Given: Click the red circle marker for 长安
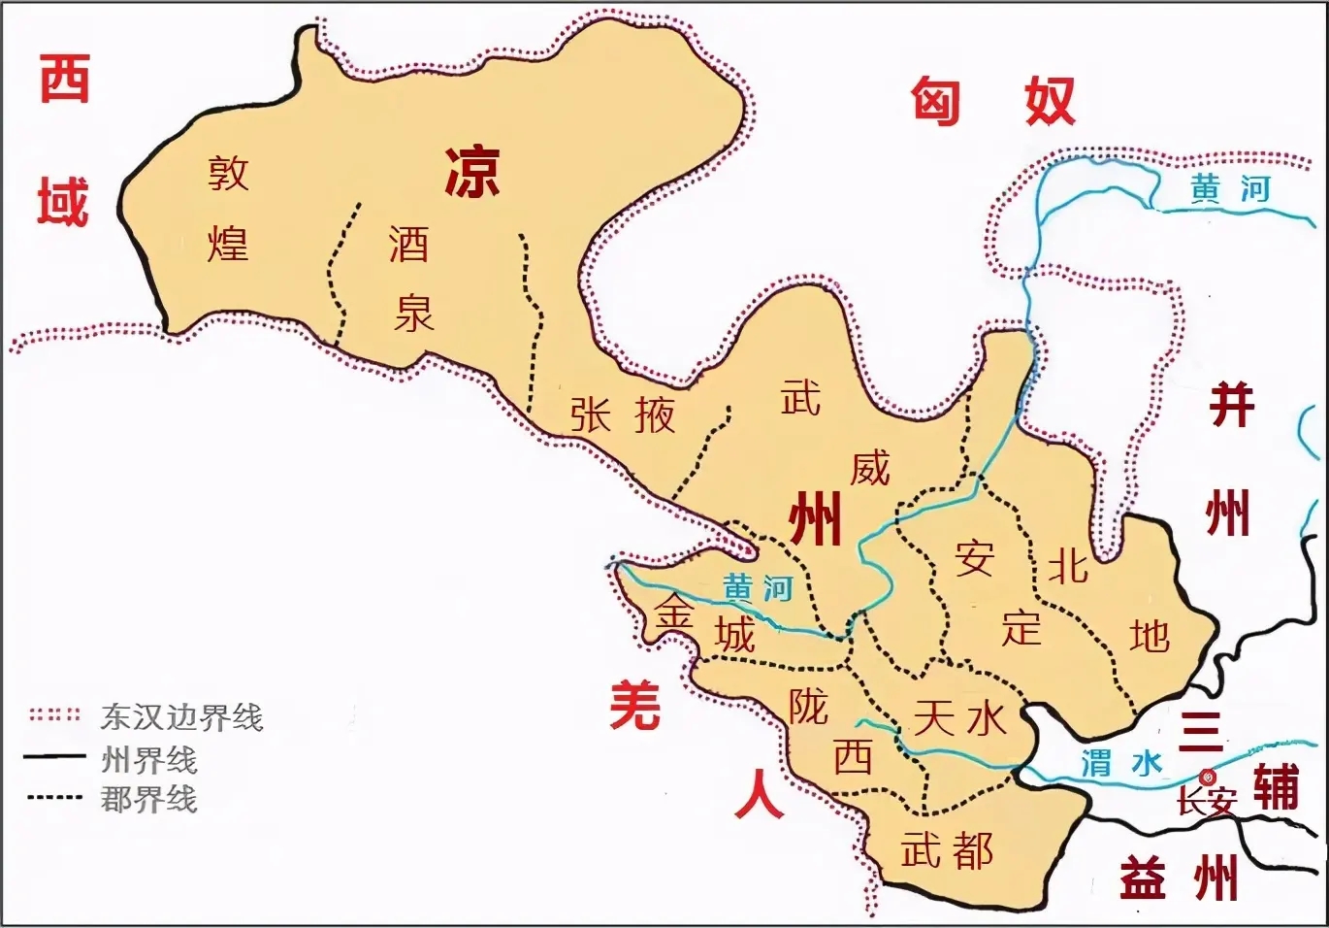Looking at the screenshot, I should click(x=1208, y=777).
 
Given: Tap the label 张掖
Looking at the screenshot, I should click(x=622, y=415).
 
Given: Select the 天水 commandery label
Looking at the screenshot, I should click(x=960, y=719).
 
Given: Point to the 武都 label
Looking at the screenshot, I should click(x=947, y=849).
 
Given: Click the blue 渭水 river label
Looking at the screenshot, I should click(x=1121, y=763).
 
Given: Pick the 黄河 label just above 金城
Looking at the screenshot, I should click(x=758, y=588).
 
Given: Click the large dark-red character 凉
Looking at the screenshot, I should click(x=472, y=173).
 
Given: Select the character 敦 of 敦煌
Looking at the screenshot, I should click(x=229, y=173).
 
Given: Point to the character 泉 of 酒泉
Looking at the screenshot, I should click(x=414, y=313).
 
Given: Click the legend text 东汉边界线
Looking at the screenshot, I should click(x=181, y=717).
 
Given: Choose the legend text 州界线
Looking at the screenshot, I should click(x=148, y=758).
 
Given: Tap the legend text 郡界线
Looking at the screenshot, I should click(x=148, y=799).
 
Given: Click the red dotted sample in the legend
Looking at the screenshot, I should click(x=54, y=716).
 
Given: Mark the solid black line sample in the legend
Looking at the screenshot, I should click(x=54, y=757).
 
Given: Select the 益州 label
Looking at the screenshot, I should click(x=1179, y=878).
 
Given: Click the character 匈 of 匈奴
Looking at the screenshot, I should click(x=935, y=101).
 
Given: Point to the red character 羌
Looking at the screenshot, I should click(x=635, y=706).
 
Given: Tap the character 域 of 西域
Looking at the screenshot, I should click(x=63, y=202).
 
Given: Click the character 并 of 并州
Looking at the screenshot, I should click(x=1231, y=405).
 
